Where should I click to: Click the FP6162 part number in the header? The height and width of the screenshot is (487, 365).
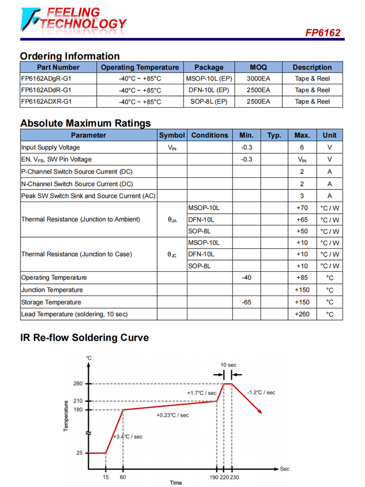click(323, 33)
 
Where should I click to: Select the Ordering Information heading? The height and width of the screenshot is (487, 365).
click(70, 56)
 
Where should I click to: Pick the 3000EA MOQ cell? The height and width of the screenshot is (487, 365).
click(258, 78)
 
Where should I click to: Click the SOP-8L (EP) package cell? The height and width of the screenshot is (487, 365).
click(208, 102)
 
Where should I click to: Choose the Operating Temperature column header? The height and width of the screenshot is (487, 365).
click(140, 67)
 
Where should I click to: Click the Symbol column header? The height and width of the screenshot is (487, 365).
click(172, 135)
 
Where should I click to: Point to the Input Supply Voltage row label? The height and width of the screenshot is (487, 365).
click(51, 148)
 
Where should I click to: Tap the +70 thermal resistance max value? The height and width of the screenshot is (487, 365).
click(302, 208)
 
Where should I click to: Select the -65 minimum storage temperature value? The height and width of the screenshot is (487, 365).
click(246, 302)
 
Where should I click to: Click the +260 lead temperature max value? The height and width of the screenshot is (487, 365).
click(302, 314)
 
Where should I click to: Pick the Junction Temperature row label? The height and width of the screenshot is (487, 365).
click(52, 290)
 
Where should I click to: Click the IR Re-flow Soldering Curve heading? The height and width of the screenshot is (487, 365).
click(85, 337)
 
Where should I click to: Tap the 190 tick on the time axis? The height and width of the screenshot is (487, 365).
click(215, 477)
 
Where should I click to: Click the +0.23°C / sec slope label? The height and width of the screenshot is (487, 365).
click(172, 415)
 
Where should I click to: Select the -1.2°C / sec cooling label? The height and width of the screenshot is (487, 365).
click(261, 393)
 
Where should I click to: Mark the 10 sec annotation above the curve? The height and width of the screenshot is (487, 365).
click(228, 365)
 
